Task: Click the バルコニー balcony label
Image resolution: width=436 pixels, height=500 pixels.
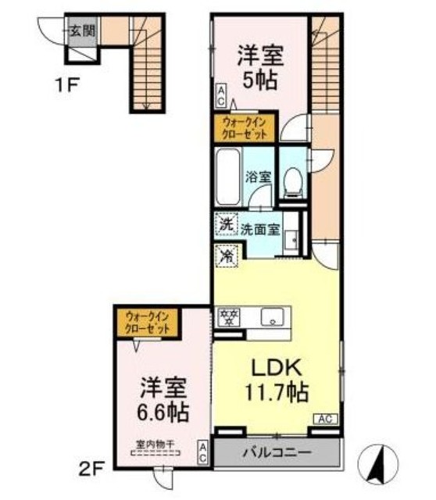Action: pyautogui.click(x=277, y=452)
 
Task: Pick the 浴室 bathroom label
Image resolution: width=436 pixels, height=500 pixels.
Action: pyautogui.click(x=259, y=177)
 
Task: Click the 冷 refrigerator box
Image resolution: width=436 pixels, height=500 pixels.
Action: pyautogui.click(x=226, y=255)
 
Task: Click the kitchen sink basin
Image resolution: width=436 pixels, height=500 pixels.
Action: pyautogui.click(x=274, y=316)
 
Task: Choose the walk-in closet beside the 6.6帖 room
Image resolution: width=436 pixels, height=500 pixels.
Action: pyautogui.click(x=148, y=322)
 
